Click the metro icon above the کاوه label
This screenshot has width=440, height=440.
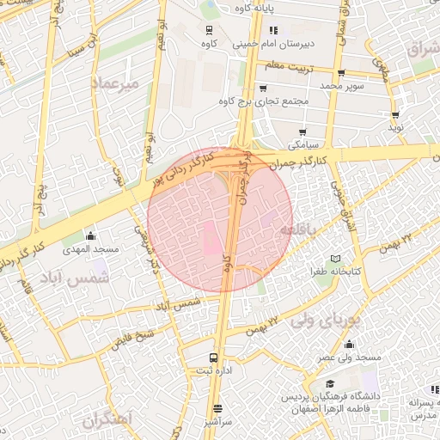pos(208,28)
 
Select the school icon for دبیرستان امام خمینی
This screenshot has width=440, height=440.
pos(273,30)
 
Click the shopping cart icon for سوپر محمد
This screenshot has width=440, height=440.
pos(341,73)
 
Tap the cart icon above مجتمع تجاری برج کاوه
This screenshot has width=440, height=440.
pos(263,88)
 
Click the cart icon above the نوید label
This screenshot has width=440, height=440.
pos(395,113)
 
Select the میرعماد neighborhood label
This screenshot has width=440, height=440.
pos(113,84)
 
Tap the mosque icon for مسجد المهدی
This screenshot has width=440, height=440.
pos(91,236)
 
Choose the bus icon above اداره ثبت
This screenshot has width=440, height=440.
pos(213,358)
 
